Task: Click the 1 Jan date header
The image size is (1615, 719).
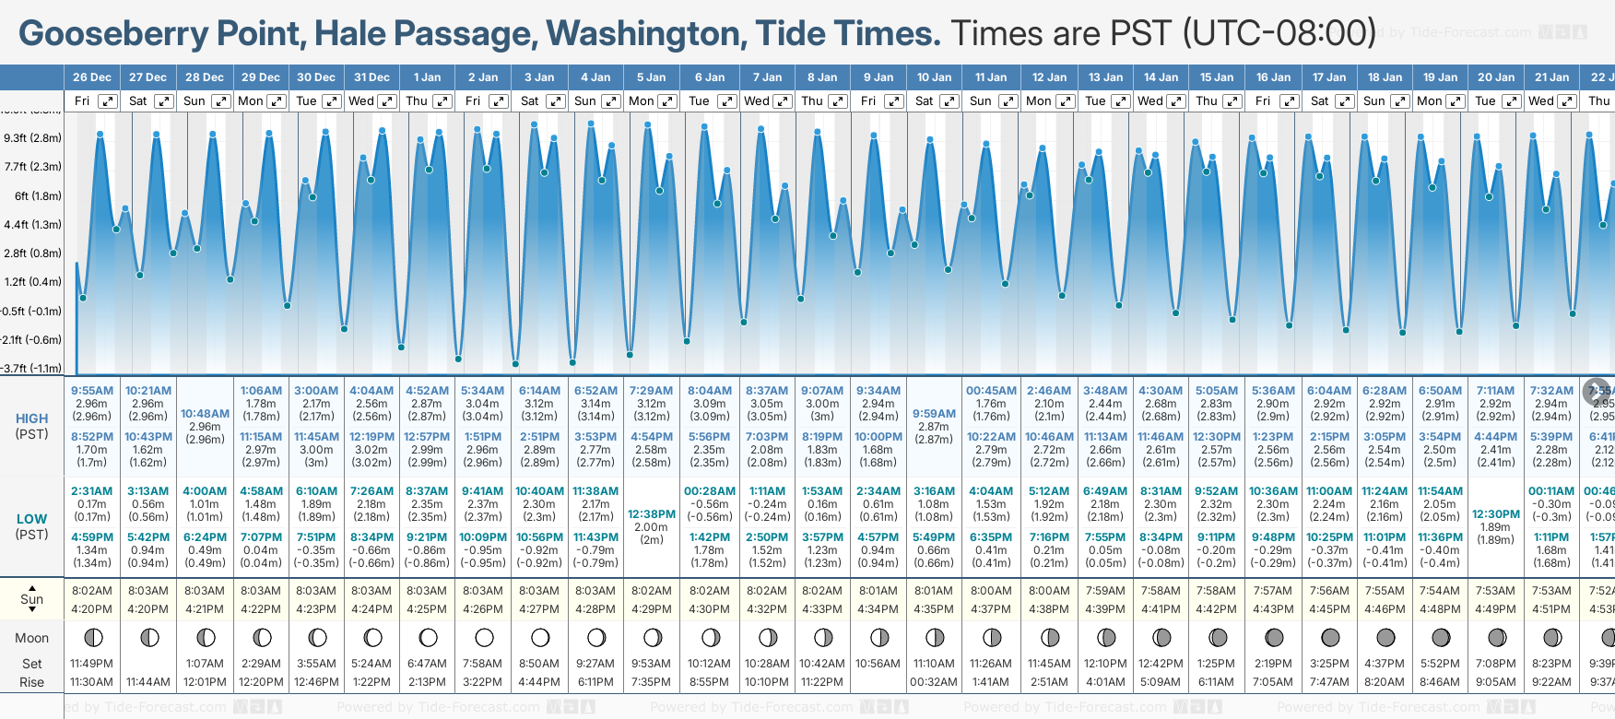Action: (427, 77)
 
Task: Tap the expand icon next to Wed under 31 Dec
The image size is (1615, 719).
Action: (387, 101)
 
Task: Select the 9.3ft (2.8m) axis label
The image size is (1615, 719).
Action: (33, 138)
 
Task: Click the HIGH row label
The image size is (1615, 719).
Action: (31, 418)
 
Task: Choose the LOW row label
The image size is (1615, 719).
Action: (31, 519)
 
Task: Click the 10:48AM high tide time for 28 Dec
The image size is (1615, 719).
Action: (205, 414)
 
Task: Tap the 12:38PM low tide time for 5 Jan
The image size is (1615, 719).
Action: (652, 514)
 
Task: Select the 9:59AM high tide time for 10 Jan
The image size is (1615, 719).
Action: (934, 414)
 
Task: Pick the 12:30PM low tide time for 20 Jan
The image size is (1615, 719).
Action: (1495, 514)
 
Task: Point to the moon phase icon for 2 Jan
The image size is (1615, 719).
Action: (484, 637)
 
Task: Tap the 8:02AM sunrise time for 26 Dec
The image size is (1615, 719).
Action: (91, 591)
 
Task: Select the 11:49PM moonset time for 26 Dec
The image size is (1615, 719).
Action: (91, 664)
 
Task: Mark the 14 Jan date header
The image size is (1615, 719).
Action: (1161, 77)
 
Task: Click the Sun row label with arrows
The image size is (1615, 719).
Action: (31, 599)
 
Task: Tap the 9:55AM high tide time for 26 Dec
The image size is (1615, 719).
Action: (91, 391)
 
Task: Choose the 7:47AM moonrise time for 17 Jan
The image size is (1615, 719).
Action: (1328, 682)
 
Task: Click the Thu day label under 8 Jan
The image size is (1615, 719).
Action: (812, 101)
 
